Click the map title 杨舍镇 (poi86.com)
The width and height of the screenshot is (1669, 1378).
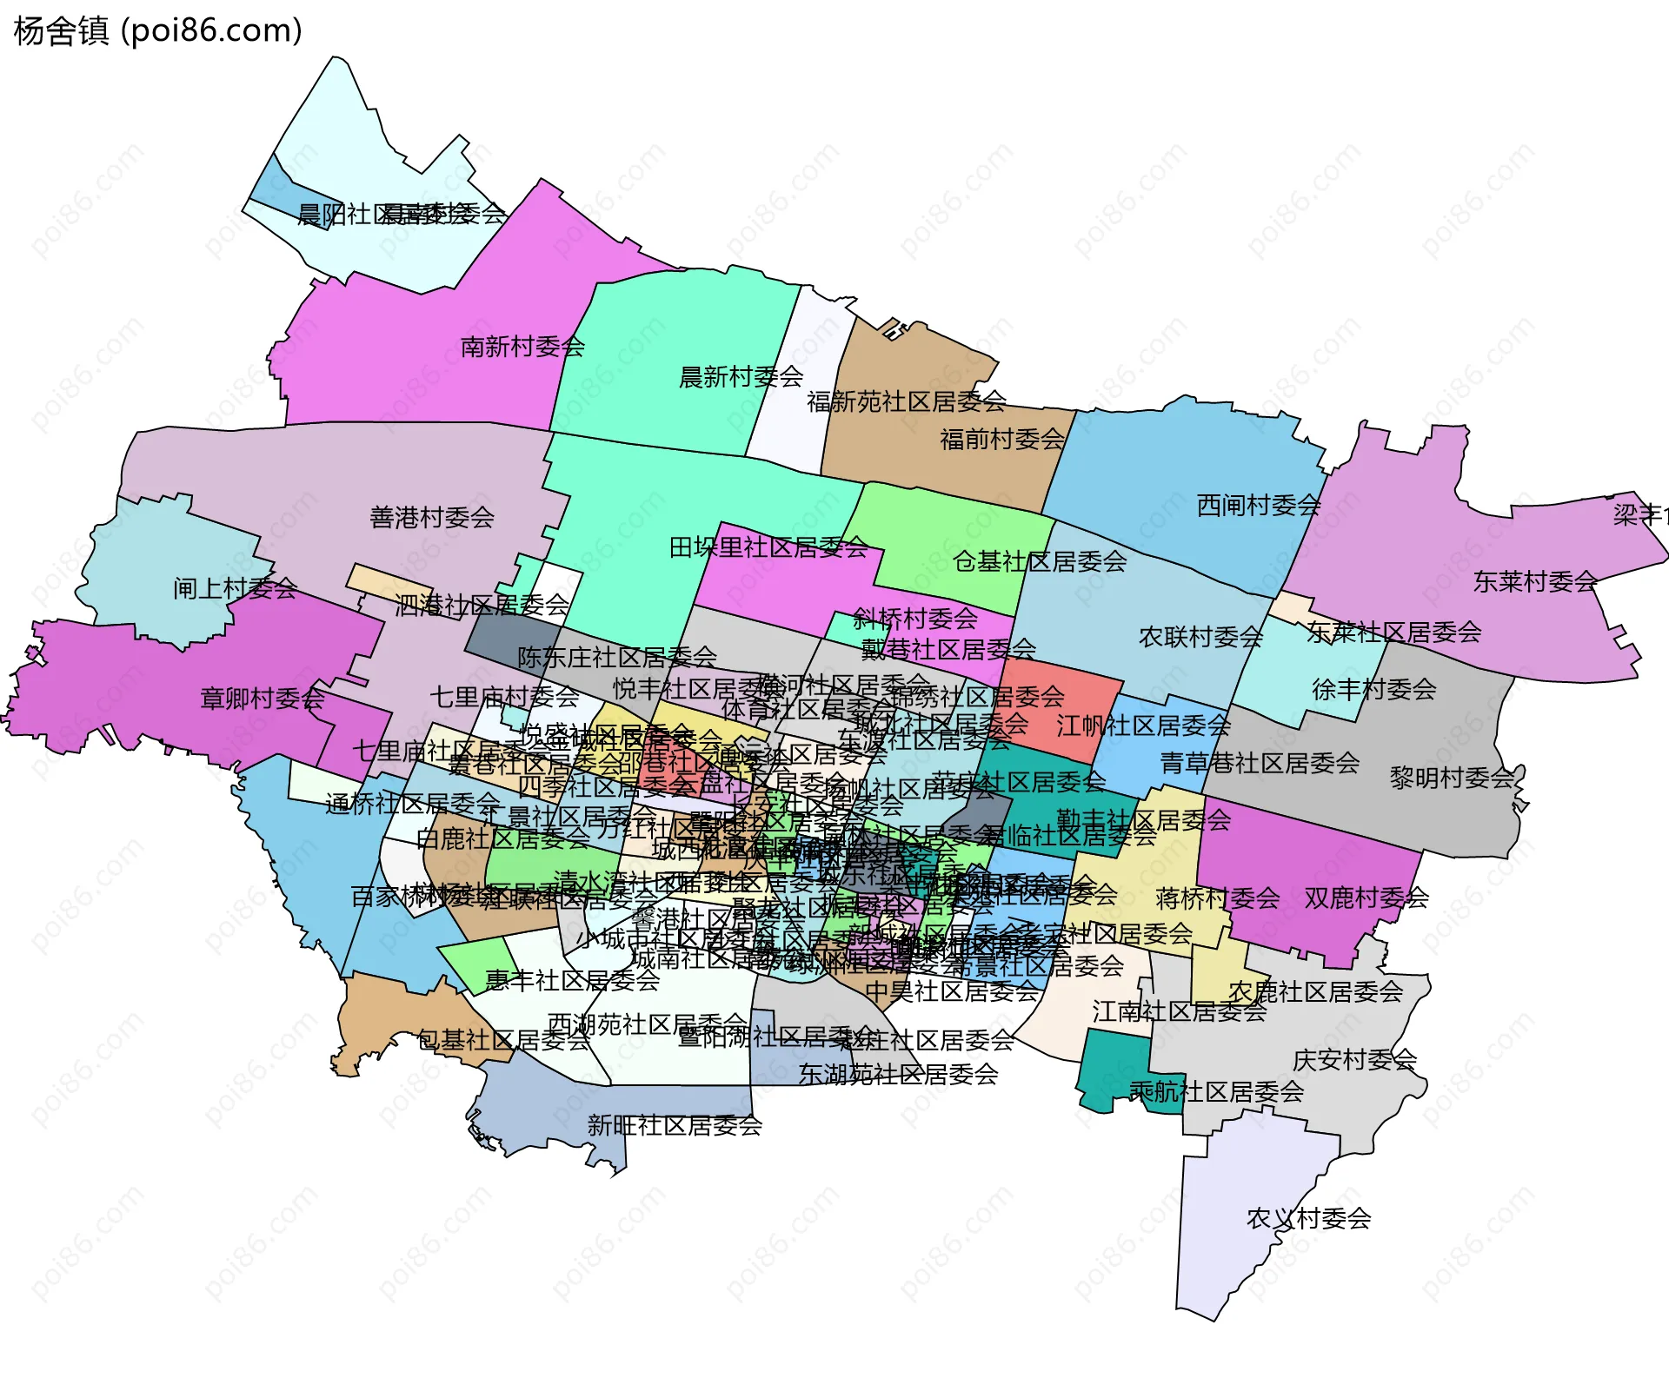pos(158,31)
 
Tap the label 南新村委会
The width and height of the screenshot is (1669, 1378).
pos(522,347)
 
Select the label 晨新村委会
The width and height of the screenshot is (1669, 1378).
pos(741,377)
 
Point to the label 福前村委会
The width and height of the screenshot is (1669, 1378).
pos(1002,439)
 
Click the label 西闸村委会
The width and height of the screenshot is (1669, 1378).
pos(1259,505)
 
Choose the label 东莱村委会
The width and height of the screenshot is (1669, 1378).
pos(1535,581)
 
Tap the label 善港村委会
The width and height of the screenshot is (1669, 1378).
pos(432,518)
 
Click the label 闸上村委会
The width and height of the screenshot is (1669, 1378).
pos(235,588)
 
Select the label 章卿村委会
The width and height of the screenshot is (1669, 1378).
pos(263,698)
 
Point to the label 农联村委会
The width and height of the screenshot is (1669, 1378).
pos(1200,637)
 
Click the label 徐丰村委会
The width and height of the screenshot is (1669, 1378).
pos(1373,689)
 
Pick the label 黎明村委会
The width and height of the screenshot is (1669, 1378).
pos(1452,778)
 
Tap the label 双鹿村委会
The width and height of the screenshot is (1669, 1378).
pos(1366,898)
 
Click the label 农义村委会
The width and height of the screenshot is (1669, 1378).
pos(1308,1218)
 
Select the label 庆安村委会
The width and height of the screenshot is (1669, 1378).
pos(1354,1059)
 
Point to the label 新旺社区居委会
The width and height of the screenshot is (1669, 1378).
pos(675,1125)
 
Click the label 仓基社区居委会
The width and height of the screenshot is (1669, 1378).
pos(1040,561)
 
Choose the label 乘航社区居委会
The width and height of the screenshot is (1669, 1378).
pos(1216,1091)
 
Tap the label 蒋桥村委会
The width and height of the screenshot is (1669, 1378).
pos(1217,898)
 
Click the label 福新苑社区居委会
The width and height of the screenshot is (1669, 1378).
pos(907,401)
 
